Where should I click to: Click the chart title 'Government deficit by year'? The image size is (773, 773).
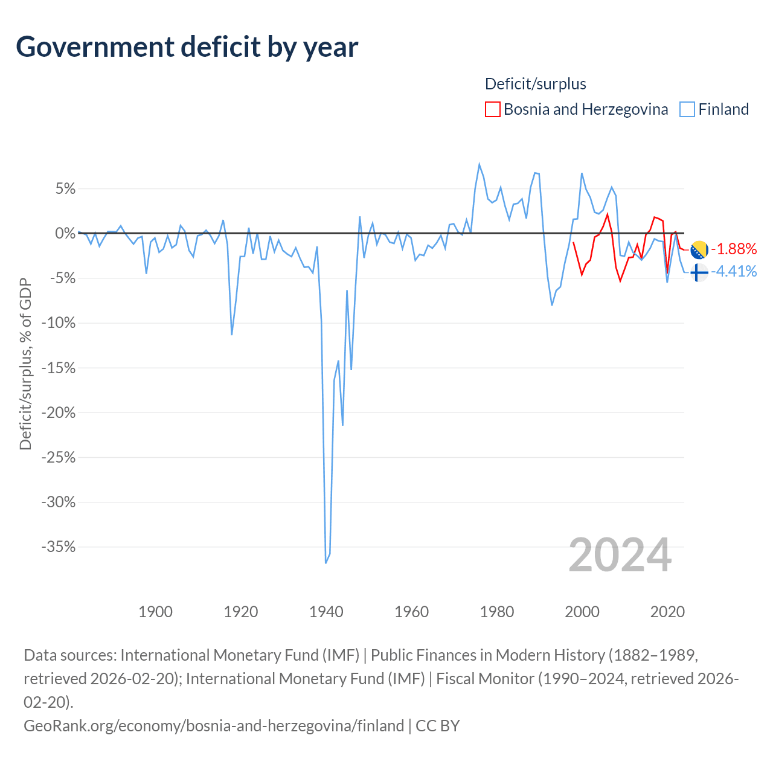coord(187,47)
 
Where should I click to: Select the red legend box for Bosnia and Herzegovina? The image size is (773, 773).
coord(492,109)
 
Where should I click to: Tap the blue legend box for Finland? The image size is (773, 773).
coord(687,109)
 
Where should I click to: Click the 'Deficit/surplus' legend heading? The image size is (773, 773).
coord(535,84)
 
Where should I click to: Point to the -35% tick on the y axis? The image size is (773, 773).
coord(59,547)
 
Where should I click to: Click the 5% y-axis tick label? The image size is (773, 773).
coord(65,188)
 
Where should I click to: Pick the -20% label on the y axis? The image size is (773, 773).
coord(59,412)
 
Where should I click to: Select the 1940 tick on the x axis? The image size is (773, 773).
coord(326,612)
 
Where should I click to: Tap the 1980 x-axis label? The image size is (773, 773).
coord(496,612)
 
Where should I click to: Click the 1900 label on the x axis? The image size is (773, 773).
coord(155,612)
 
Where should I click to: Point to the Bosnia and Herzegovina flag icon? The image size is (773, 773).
coord(699,249)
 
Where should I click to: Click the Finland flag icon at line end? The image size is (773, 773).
coord(699,273)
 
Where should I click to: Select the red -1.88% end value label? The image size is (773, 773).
coord(734,249)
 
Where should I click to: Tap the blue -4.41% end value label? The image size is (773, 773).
coord(734,272)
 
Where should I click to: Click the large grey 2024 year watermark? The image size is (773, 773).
coord(620,555)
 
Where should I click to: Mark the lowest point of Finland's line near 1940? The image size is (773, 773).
coord(326,563)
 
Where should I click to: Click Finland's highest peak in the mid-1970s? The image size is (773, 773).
coord(480,164)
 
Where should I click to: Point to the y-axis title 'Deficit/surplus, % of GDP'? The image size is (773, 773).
coord(25,364)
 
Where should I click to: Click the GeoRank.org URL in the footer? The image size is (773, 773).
coord(214,726)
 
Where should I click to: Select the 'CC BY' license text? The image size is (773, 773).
coord(438,726)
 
